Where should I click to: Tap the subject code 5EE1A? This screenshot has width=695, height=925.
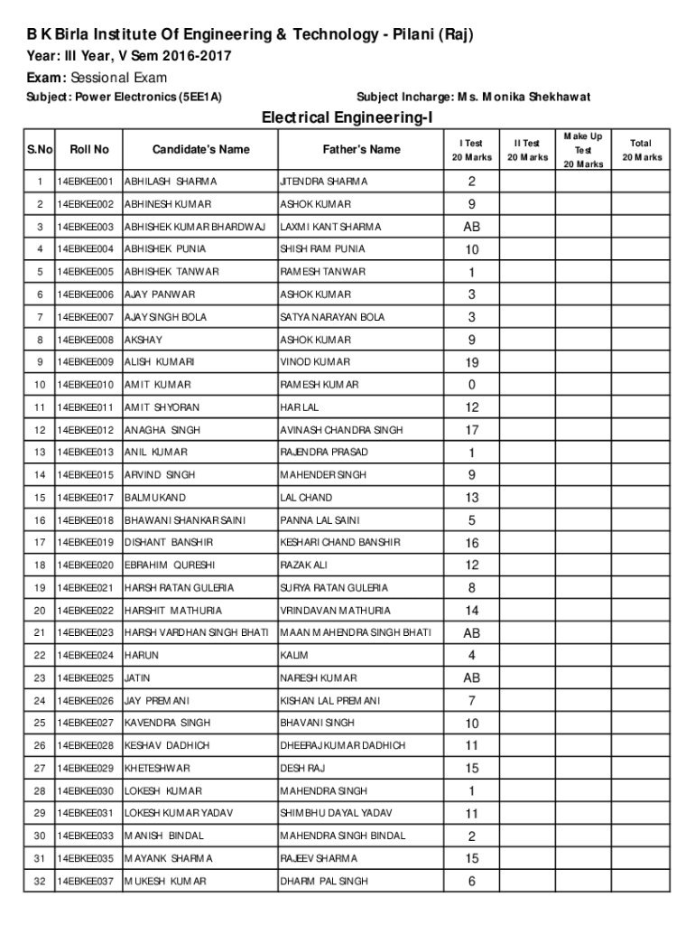pyautogui.click(x=201, y=97)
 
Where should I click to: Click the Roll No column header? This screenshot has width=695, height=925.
pyautogui.click(x=88, y=150)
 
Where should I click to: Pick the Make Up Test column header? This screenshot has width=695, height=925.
pyautogui.click(x=582, y=150)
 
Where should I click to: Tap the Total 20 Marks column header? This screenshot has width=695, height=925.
pyautogui.click(x=641, y=150)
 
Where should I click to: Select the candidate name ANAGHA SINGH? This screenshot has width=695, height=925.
pyautogui.click(x=162, y=430)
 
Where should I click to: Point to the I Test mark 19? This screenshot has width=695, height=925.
pyautogui.click(x=472, y=362)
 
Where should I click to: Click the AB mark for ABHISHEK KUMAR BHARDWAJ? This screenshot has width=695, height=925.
pyautogui.click(x=472, y=227)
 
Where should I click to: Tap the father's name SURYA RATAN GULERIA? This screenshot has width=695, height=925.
pyautogui.click(x=334, y=588)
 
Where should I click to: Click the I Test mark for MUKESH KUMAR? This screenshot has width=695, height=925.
pyautogui.click(x=472, y=882)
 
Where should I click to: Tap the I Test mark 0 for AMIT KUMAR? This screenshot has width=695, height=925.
pyautogui.click(x=472, y=385)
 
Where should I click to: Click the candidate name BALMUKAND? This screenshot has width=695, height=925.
pyautogui.click(x=154, y=498)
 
